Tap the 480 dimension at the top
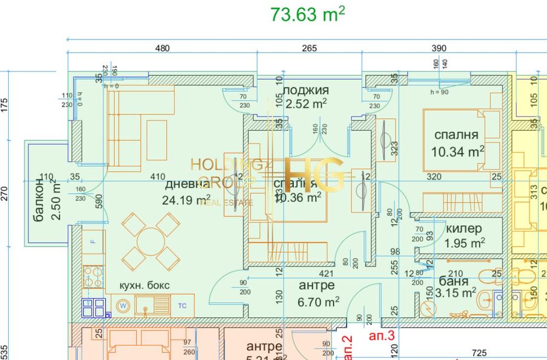[162, 48]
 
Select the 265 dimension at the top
[309, 48]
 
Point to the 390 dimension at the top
[439, 48]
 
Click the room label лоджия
[306, 91]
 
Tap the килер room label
[463, 229]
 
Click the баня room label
[453, 282]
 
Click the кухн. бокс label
[145, 286]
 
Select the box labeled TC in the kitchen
[182, 305]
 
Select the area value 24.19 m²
[186, 200]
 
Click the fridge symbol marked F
[92, 241]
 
